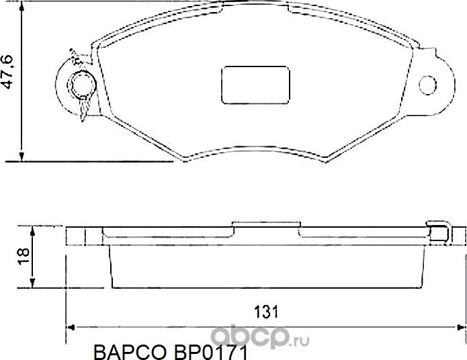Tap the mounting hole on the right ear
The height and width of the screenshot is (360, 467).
click(428, 85)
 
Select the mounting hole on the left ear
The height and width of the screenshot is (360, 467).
click(83, 85)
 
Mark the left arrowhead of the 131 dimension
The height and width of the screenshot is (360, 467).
click(71, 328)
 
